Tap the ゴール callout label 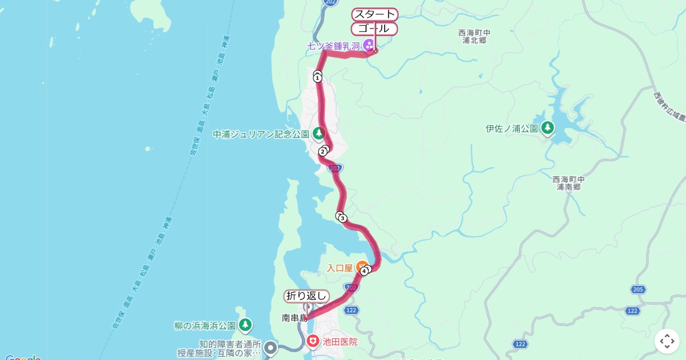click(374, 29)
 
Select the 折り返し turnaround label click(307, 295)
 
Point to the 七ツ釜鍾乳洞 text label click(333, 46)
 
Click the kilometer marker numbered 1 click(317, 78)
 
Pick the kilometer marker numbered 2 click(323, 151)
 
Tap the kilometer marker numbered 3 click(342, 218)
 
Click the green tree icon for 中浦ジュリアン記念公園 click(318, 134)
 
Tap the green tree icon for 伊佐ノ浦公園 click(548, 128)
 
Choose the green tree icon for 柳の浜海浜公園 click(245, 325)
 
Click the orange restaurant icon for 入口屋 click(361, 266)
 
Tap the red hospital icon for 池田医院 click(313, 342)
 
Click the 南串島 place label click(294, 318)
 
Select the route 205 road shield click(638, 290)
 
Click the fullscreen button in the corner click(667, 341)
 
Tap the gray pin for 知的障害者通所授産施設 click(271, 347)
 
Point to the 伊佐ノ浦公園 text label click(512, 129)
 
